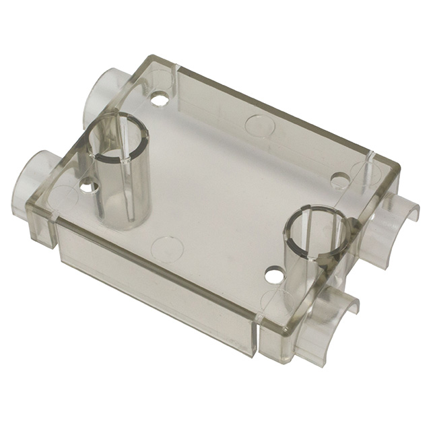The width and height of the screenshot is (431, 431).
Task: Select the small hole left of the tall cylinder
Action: click(x=88, y=185)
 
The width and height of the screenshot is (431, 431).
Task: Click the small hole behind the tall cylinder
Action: click(x=160, y=100)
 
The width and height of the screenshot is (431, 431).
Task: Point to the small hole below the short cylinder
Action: click(x=273, y=275)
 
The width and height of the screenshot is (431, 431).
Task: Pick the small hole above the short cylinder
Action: click(x=341, y=180)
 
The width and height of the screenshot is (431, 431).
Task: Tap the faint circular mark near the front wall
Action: click(x=168, y=248)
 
